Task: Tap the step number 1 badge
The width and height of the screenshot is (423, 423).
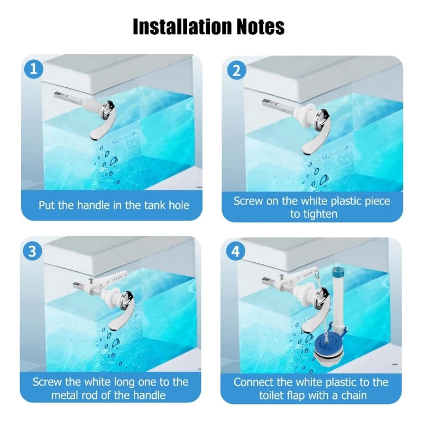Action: pyautogui.click(x=33, y=69)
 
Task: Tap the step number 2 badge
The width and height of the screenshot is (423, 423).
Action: pyautogui.click(x=235, y=69)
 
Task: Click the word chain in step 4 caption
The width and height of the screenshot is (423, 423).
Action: pyautogui.click(x=358, y=395)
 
